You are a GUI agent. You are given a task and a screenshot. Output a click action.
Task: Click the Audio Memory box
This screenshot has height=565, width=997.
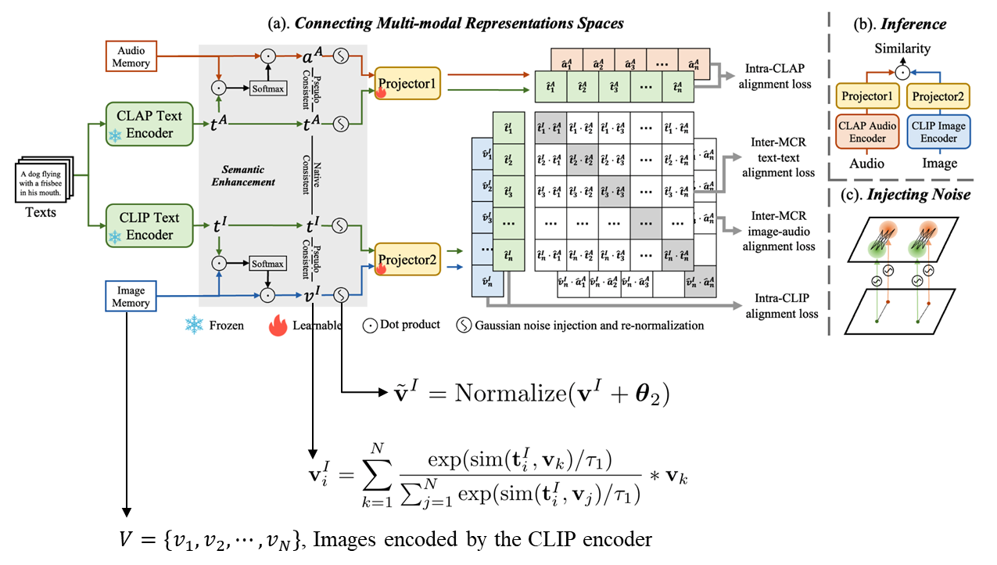(x=131, y=56)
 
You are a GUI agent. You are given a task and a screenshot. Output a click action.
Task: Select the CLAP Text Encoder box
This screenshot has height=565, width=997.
(x=149, y=124)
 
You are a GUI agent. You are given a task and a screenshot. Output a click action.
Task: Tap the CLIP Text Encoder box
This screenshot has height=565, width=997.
(x=149, y=226)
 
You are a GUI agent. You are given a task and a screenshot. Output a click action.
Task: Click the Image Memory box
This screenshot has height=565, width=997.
(x=131, y=297)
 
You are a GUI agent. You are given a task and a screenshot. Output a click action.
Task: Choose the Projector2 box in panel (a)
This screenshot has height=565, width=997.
(x=407, y=259)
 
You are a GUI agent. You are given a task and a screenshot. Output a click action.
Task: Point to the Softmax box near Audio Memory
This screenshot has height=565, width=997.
(x=267, y=88)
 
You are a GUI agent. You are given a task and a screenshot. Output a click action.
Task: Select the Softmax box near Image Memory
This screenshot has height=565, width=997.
(x=267, y=264)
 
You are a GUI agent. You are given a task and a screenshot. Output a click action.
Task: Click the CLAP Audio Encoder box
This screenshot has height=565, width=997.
(x=867, y=132)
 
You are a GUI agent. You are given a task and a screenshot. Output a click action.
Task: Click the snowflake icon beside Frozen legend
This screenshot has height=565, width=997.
(x=193, y=325)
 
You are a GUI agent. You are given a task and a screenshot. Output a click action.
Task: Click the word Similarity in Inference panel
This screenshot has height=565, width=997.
(x=902, y=49)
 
